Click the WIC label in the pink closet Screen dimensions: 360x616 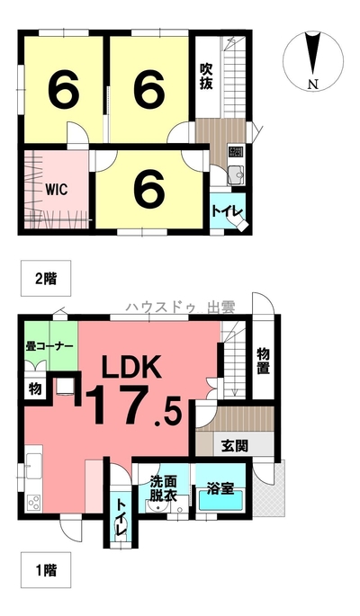click(56, 189)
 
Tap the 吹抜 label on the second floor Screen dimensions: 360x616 click(205, 76)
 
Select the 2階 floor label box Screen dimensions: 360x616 click(46, 279)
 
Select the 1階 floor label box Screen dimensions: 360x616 click(46, 570)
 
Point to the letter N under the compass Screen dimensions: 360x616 click(313, 85)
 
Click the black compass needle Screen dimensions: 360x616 click(313, 54)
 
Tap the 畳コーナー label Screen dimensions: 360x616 click(49, 346)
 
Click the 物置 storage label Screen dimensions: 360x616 click(264, 361)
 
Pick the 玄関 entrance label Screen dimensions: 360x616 click(235, 445)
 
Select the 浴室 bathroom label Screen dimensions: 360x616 click(220, 488)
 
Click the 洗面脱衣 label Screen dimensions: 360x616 click(164, 488)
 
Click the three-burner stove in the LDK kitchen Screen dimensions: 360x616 click(33, 503)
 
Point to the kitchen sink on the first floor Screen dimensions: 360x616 click(33, 466)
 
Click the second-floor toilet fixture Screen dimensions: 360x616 click(240, 224)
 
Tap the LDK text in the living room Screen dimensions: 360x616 click(131, 367)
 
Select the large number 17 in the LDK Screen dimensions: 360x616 click(119, 405)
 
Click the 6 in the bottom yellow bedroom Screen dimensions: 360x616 click(149, 191)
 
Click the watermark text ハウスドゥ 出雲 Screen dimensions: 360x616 click(180, 308)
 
